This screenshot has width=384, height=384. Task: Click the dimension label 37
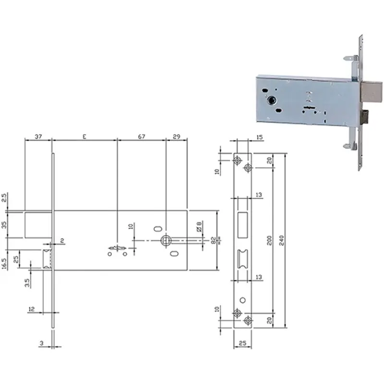click(x=38, y=136)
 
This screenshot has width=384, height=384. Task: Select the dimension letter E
click(x=84, y=137)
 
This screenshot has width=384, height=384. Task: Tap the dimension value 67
click(x=141, y=136)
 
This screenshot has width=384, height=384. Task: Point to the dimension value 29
click(x=176, y=136)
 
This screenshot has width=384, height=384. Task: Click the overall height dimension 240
click(x=281, y=240)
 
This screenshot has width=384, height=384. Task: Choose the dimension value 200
click(x=269, y=240)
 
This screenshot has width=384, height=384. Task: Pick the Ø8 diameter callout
click(x=199, y=227)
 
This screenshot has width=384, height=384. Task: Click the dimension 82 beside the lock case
click(x=214, y=240)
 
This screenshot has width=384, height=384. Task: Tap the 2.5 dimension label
click(x=4, y=198)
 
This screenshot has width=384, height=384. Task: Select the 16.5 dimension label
click(x=4, y=263)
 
